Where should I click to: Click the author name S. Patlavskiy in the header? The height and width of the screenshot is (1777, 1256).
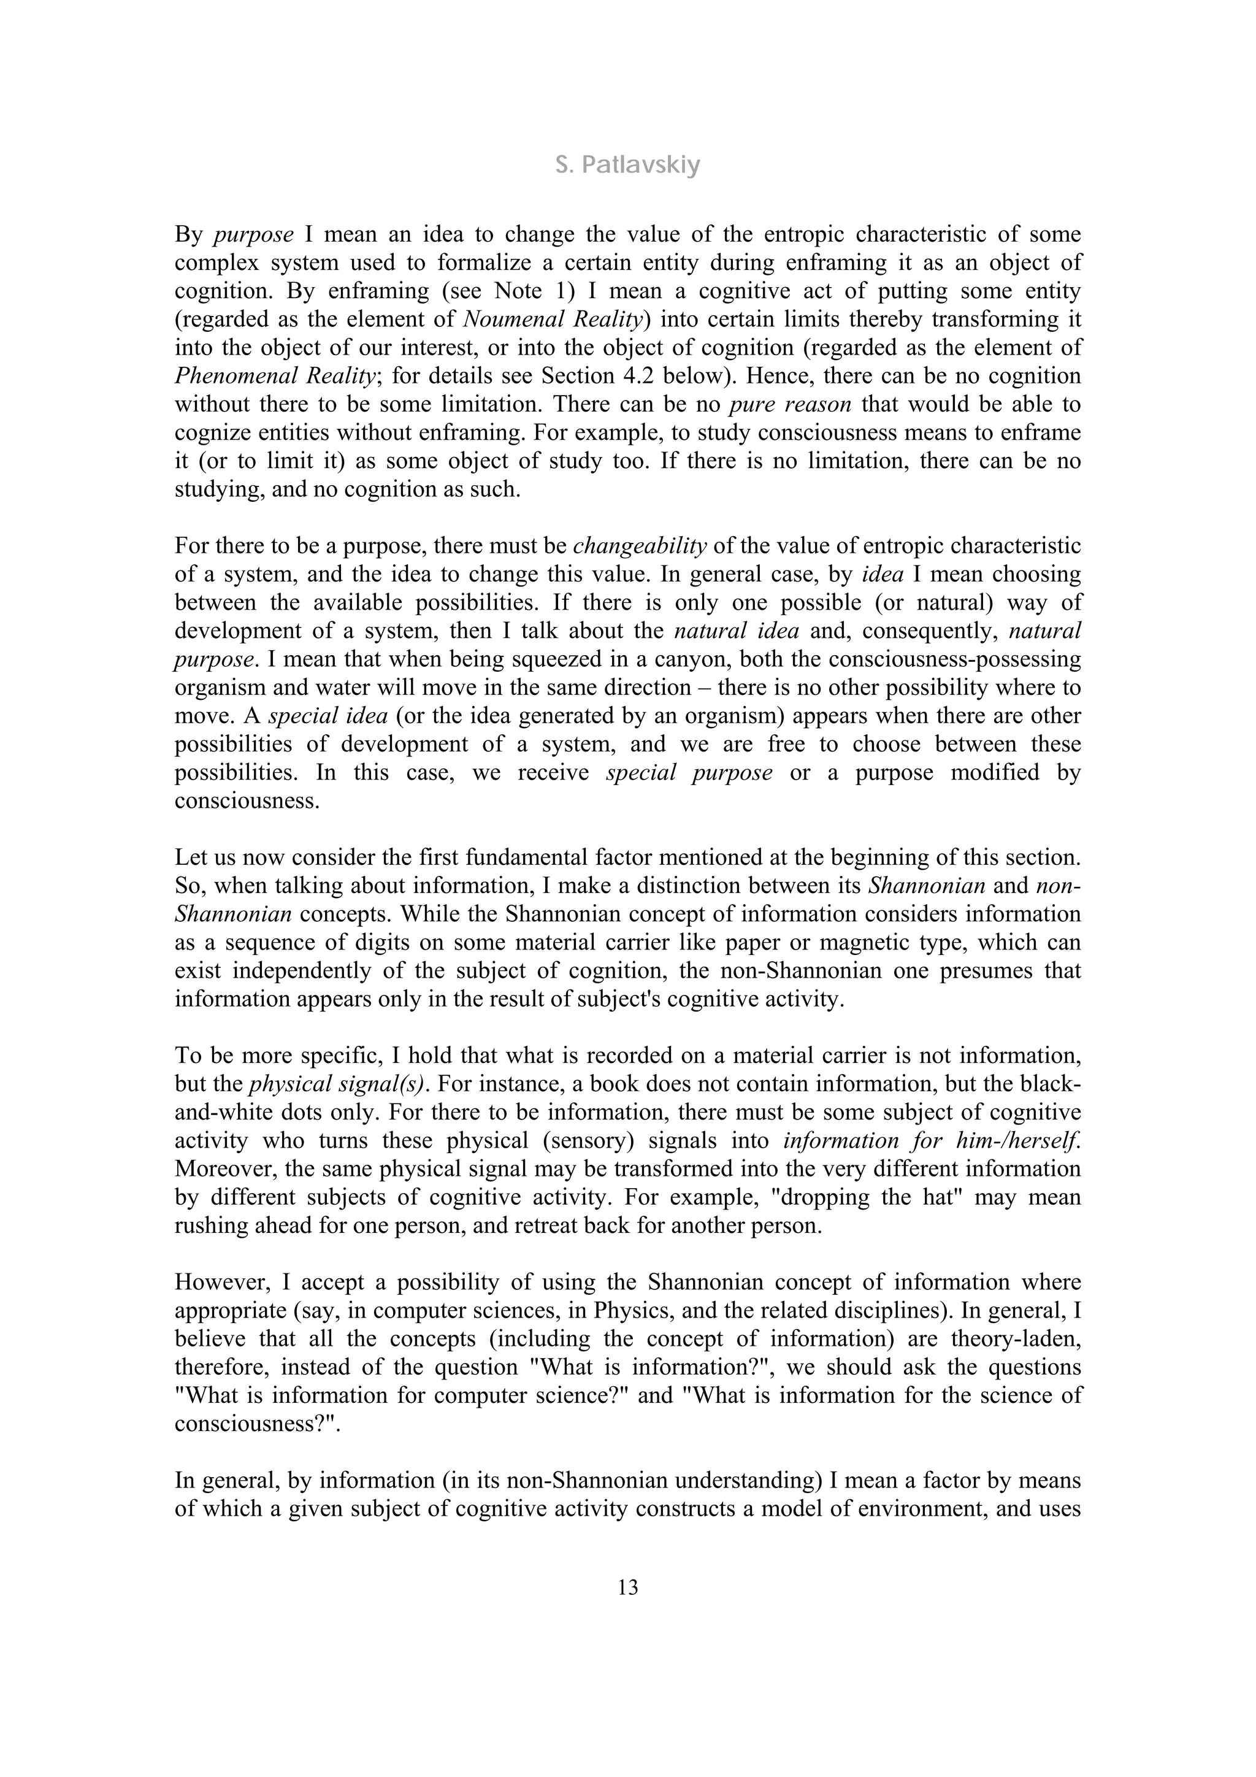click(x=627, y=165)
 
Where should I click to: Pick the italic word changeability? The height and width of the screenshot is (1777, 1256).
click(x=640, y=546)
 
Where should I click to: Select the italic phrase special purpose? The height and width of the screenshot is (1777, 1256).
click(x=689, y=772)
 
